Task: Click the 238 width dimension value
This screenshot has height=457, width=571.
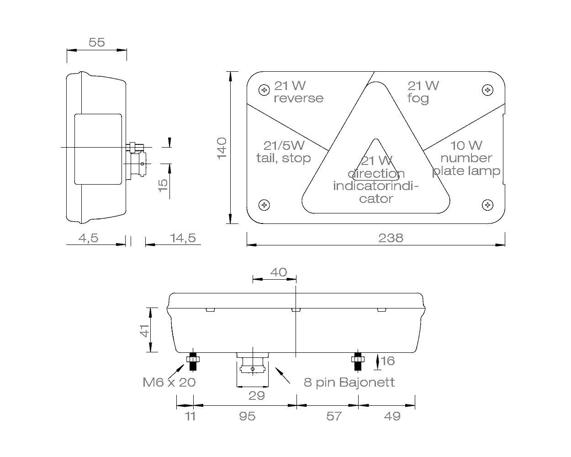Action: [x=391, y=238]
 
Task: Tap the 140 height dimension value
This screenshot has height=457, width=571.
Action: [x=222, y=148]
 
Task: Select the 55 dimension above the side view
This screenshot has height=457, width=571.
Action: [x=96, y=42]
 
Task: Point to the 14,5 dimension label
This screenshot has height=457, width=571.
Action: [x=183, y=238]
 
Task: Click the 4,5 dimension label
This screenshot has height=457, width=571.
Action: [x=88, y=238]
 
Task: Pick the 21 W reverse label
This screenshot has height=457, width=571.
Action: [x=298, y=92]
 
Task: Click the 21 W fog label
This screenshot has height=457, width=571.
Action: [x=423, y=92]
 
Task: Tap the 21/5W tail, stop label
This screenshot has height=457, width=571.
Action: [x=283, y=152]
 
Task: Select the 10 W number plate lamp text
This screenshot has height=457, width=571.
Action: [x=466, y=159]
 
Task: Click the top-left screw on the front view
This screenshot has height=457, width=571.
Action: [x=264, y=90]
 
